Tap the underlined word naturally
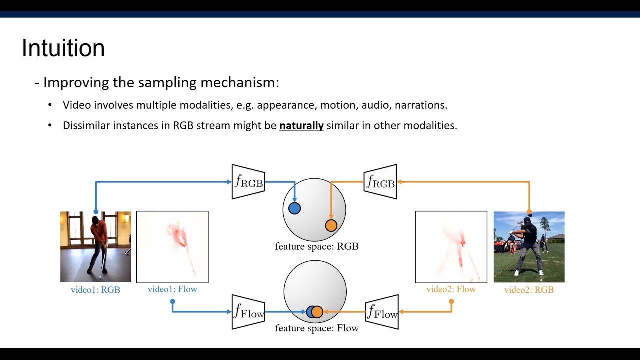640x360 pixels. click(301, 126)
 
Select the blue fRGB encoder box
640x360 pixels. click(248, 182)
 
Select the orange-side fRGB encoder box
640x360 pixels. click(380, 182)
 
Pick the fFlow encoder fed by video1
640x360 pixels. click(248, 312)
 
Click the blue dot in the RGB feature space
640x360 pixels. click(295, 208)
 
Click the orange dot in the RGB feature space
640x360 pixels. click(331, 225)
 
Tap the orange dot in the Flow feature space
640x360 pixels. click(318, 312)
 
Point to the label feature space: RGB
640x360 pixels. click(317, 246)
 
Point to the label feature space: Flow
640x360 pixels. click(317, 328)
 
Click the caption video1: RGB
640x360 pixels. click(95, 290)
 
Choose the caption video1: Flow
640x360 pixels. click(172, 289)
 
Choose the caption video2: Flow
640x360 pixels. click(451, 289)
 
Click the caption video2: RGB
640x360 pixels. click(529, 290)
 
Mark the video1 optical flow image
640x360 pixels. click(172, 247)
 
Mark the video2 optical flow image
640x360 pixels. click(451, 247)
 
